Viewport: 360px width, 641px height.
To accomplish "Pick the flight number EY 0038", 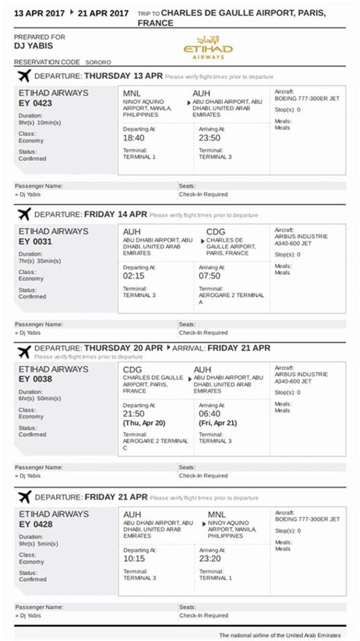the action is point(35,380).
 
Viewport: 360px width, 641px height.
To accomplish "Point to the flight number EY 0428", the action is point(35,525).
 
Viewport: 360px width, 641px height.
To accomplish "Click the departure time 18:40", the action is point(134,138).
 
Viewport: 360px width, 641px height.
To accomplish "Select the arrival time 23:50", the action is point(210,138).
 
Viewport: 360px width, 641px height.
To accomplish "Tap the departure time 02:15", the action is point(134,276).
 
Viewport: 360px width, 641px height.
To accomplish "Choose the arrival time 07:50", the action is point(210,276).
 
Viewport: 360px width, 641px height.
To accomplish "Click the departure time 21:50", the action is point(134,414).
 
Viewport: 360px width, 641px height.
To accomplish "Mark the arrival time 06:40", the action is point(210,414).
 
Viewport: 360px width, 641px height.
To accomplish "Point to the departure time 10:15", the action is point(134,559).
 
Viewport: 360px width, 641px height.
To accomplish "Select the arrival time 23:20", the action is point(210,559).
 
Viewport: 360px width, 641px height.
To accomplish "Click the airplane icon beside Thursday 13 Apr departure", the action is point(24,76).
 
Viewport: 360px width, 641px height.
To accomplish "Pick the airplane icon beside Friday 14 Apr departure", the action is point(24,214).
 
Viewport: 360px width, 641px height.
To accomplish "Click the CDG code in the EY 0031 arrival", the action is point(216,232).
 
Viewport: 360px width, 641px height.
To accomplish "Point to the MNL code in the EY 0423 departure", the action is point(132,93).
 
